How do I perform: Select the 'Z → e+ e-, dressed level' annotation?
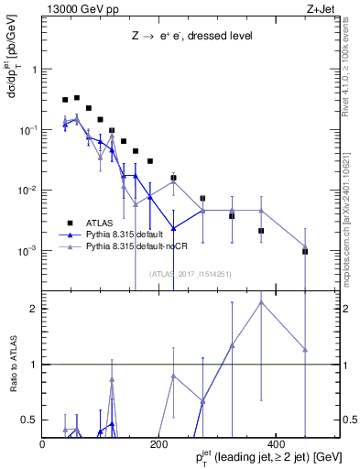tap(191, 37)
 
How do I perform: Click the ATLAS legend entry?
tap(102, 223)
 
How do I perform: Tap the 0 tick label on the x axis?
tap(43, 444)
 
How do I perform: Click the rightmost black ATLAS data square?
tap(305, 251)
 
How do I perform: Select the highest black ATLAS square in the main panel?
tap(77, 97)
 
